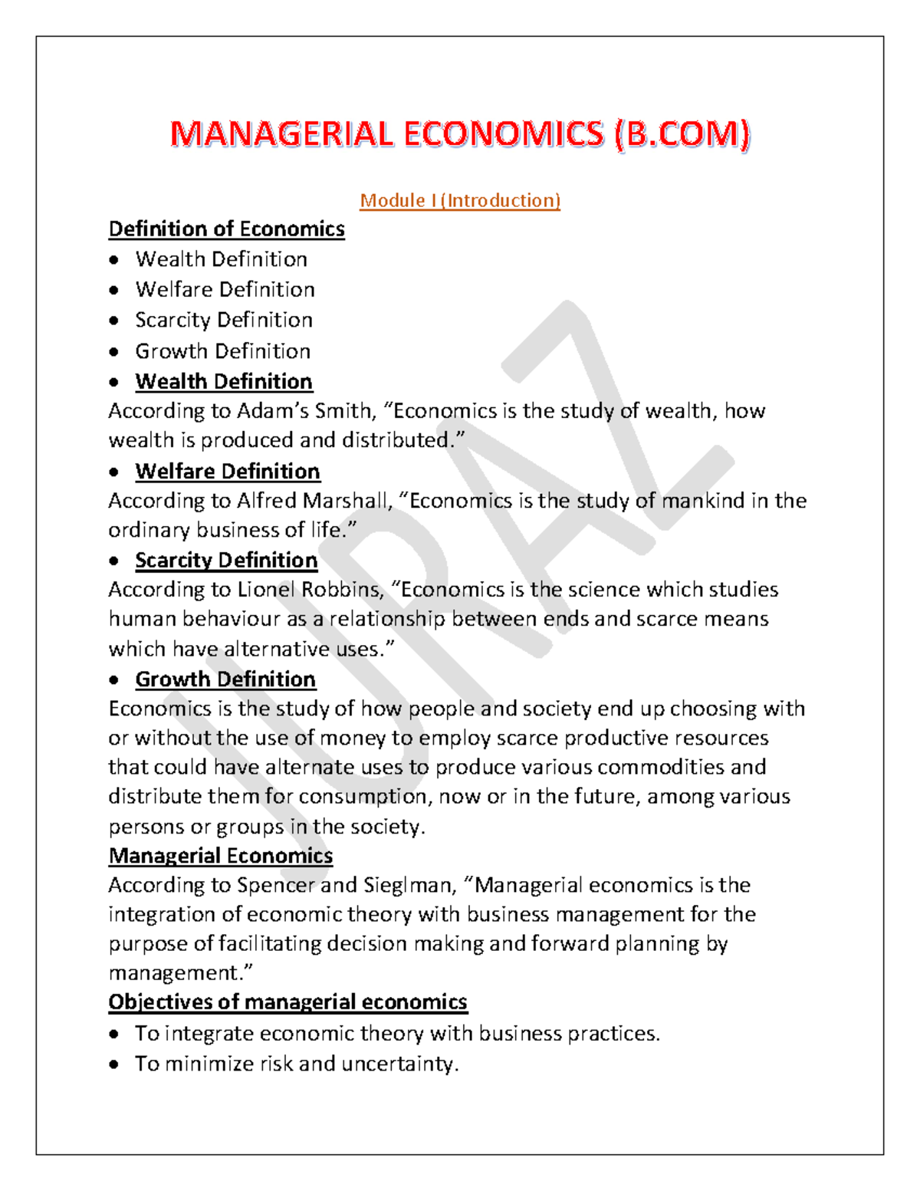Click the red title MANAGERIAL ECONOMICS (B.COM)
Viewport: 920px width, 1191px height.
[x=460, y=135]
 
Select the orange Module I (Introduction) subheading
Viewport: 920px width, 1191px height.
[x=460, y=201]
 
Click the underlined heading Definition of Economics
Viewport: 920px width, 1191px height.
[x=226, y=229]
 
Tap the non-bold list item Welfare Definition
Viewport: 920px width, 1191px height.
[x=225, y=290]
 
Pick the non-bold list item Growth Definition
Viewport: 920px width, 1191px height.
[x=222, y=351]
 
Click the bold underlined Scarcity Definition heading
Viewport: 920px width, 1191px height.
[x=226, y=561]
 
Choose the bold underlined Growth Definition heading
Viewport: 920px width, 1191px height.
[x=225, y=679]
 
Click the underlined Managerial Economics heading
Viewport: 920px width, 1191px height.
[x=221, y=856]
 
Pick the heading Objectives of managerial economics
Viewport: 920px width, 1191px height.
[x=287, y=1002]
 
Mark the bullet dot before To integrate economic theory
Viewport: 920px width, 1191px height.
[x=114, y=1035]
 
